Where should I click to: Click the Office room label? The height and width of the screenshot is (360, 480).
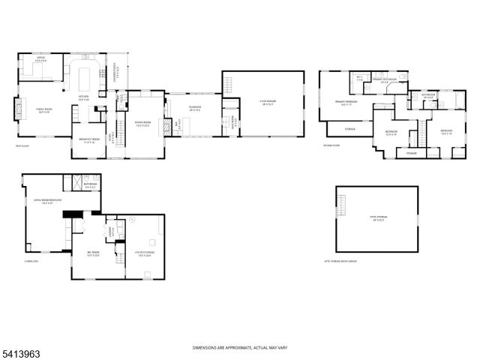tap(40, 58)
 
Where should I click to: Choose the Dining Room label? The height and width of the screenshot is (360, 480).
tap(142, 124)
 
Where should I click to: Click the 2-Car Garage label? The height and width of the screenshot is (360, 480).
tap(268, 104)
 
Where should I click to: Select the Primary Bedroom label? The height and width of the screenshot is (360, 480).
tap(345, 102)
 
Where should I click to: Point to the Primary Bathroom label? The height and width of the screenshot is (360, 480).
tap(384, 79)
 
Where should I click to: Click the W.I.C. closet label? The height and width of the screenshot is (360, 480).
tap(360, 78)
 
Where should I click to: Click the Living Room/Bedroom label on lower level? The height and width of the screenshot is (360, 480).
tap(46, 201)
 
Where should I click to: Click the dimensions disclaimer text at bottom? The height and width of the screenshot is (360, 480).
tap(239, 348)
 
